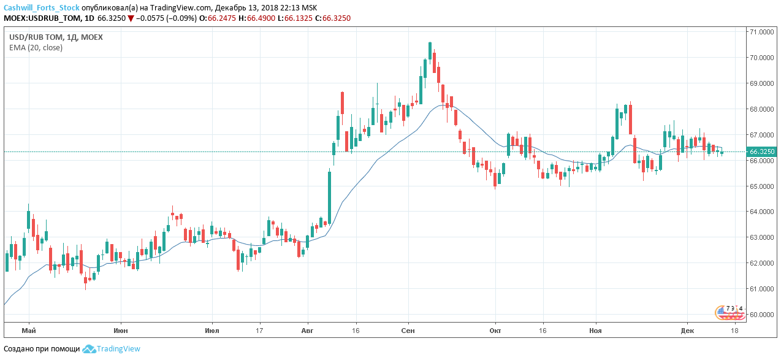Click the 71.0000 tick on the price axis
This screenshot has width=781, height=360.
click(760, 32)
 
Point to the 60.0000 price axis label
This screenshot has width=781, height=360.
click(760, 315)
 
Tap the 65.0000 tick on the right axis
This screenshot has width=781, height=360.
click(760, 186)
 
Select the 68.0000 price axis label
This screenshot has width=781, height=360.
click(760, 109)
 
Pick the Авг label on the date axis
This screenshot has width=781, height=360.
click(307, 331)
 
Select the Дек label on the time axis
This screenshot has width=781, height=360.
click(687, 331)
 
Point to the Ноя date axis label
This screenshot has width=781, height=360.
click(595, 331)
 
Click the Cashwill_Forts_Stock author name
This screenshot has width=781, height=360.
click(41, 7)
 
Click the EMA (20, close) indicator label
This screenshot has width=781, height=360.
click(36, 48)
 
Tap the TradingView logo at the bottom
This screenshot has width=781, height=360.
click(112, 349)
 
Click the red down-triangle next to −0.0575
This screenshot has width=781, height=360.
click(131, 18)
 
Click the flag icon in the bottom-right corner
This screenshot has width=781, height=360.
click(730, 312)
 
